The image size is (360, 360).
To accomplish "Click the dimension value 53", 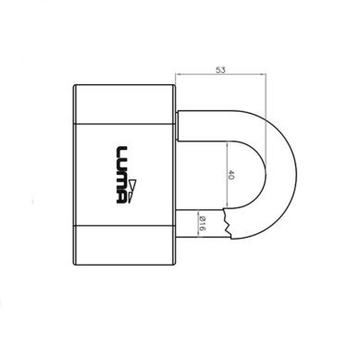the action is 220,69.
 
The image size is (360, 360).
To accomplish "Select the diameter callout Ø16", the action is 202,223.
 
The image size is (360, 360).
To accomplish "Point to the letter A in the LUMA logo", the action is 122,197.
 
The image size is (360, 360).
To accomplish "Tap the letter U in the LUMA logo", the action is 122,165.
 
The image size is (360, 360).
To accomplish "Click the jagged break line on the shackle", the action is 227,224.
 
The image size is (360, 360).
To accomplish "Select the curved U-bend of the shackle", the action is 281,174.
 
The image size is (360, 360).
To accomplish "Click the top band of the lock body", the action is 125,105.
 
